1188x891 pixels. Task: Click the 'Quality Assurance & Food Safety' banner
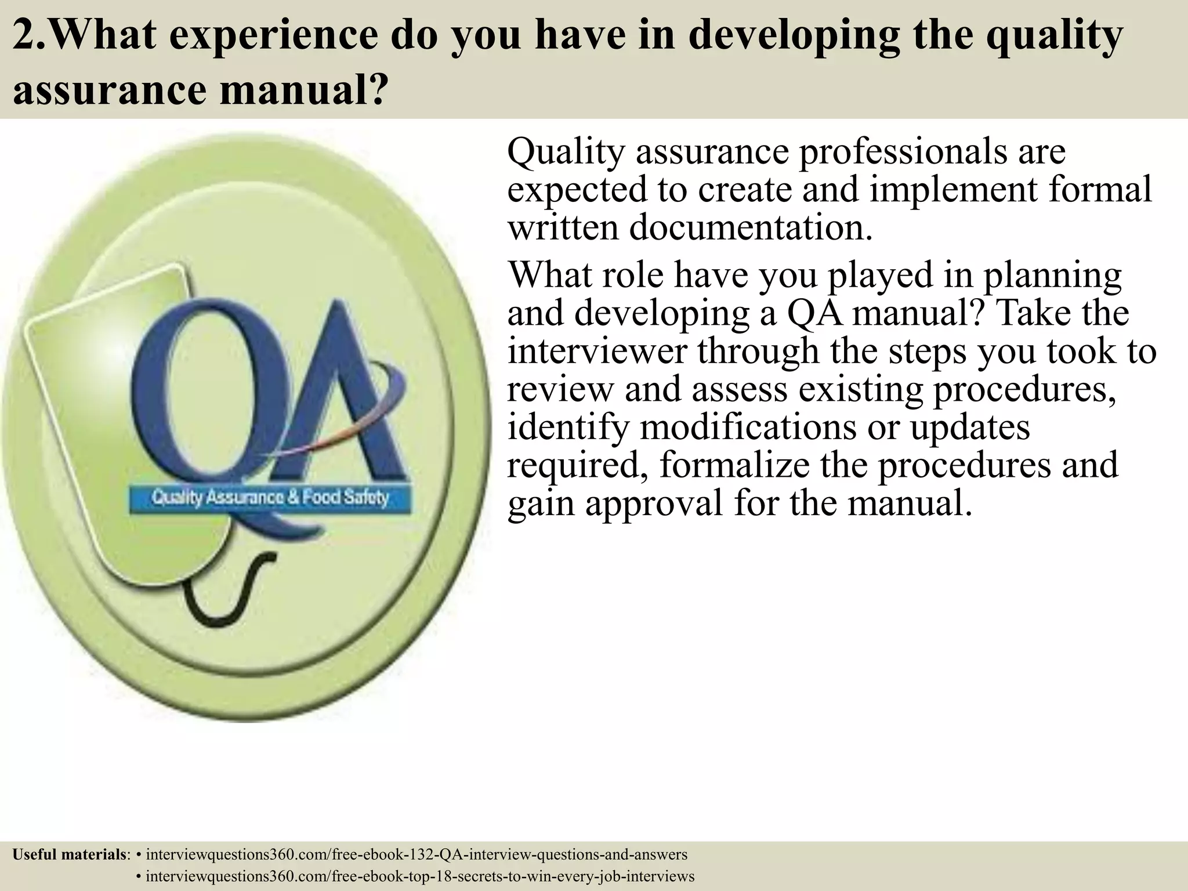(x=270, y=498)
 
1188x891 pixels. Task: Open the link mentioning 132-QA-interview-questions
(x=416, y=854)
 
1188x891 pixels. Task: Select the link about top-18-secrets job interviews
(x=420, y=876)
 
